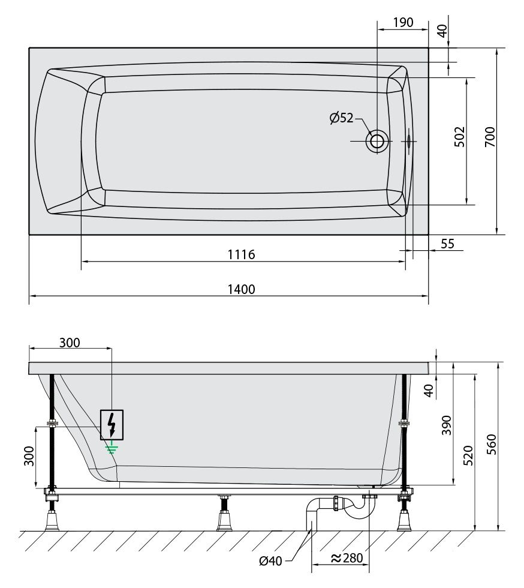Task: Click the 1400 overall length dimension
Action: tap(242, 289)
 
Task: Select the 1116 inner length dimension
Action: tap(242, 254)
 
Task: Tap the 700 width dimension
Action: tap(490, 137)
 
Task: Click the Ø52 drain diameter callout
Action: tap(342, 118)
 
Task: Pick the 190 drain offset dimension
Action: tap(403, 23)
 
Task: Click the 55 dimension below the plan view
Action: tap(447, 244)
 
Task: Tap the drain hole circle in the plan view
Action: tap(377, 142)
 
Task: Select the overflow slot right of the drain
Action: tap(408, 141)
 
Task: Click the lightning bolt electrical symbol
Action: tap(112, 425)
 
